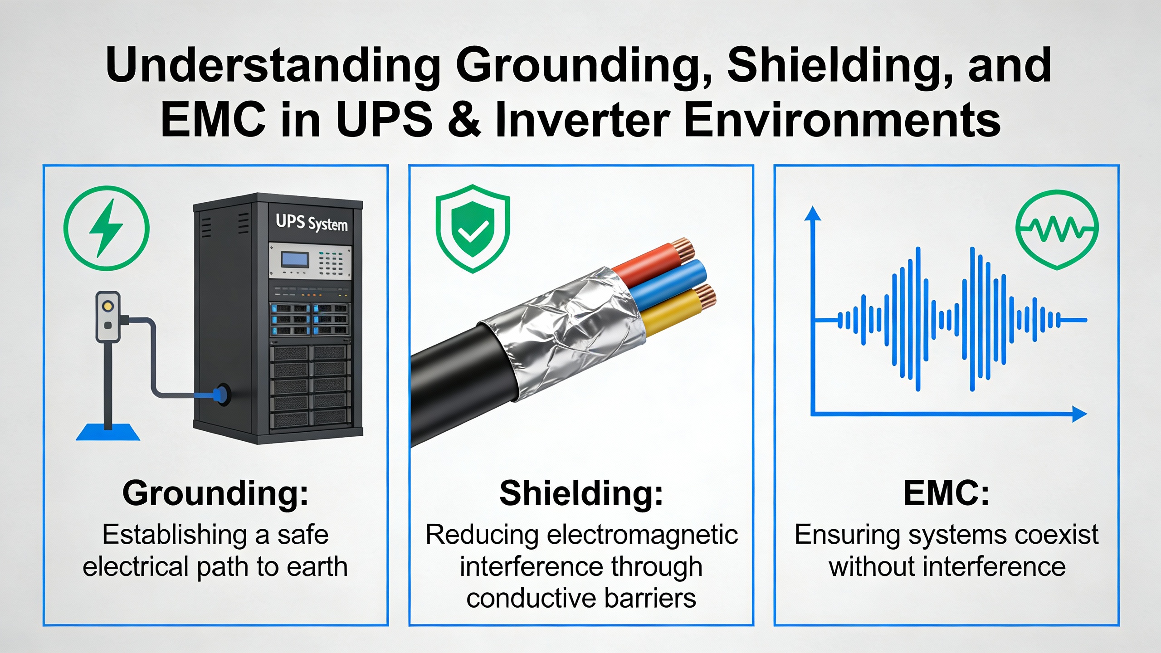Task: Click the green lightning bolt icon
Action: (107, 228)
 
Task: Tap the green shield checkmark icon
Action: (473, 229)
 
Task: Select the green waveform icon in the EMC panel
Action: (1057, 229)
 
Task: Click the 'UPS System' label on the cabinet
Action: (312, 223)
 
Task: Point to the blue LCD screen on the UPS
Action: (295, 260)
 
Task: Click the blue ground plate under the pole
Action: (108, 432)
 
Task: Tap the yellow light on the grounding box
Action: (108, 306)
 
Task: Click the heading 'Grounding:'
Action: (215, 494)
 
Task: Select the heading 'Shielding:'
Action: (581, 493)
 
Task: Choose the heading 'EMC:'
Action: (946, 493)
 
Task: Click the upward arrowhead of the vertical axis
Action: (813, 214)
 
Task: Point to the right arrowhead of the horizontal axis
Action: (1079, 414)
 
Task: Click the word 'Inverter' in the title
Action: (583, 119)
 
